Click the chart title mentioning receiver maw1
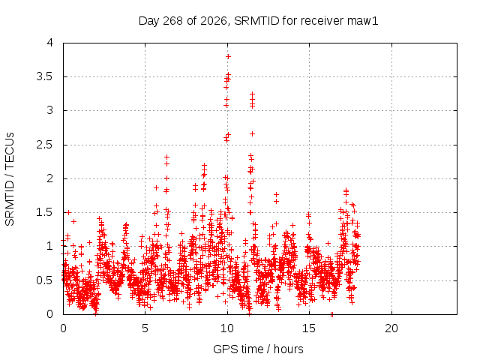point(258,21)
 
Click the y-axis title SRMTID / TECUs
point(10,179)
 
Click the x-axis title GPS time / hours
point(258,349)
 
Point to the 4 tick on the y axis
point(50,43)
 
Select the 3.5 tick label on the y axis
point(45,76)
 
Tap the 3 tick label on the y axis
point(50,110)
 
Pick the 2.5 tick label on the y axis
point(45,145)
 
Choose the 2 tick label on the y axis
point(50,178)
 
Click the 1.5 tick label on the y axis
point(45,212)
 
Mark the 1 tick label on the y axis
point(50,246)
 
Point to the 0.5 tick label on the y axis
point(45,280)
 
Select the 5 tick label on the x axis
point(145,328)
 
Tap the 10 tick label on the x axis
point(227,328)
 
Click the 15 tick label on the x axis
point(309,328)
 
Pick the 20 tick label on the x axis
point(391,328)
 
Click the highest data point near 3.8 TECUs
point(228,57)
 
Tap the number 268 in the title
point(172,21)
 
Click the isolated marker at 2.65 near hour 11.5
point(252,133)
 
